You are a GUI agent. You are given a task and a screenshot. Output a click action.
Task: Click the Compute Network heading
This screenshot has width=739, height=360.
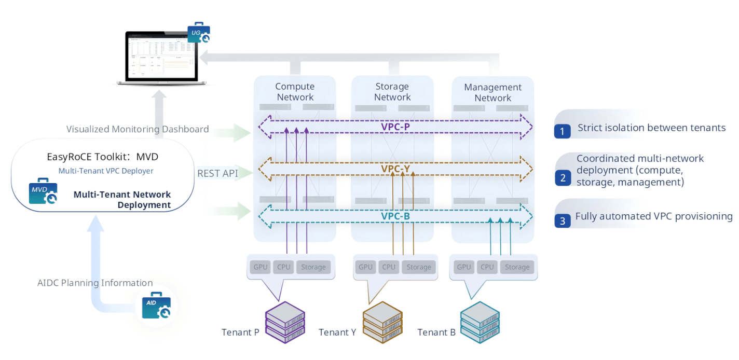click(295, 92)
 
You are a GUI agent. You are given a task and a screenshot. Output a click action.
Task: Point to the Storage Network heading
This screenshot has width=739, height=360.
click(392, 92)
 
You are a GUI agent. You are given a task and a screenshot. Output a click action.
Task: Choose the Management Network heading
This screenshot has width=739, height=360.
click(492, 92)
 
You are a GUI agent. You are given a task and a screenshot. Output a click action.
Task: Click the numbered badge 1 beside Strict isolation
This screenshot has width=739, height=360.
click(562, 129)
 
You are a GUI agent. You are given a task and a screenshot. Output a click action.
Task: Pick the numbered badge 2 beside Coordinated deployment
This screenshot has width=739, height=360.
click(562, 178)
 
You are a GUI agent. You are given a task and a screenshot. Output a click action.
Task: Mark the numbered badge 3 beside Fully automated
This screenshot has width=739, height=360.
click(562, 220)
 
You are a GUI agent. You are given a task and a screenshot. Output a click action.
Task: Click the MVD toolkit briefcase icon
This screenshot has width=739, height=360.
click(43, 192)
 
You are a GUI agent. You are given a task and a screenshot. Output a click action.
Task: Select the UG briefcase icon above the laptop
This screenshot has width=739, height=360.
click(199, 34)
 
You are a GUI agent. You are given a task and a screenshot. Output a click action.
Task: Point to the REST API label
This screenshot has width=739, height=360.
click(217, 173)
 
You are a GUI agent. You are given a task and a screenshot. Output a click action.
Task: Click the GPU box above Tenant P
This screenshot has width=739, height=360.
click(260, 267)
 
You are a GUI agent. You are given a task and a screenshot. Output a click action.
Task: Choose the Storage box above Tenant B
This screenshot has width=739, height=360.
click(517, 267)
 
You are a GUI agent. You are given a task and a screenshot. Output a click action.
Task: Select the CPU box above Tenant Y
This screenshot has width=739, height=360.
click(389, 267)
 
